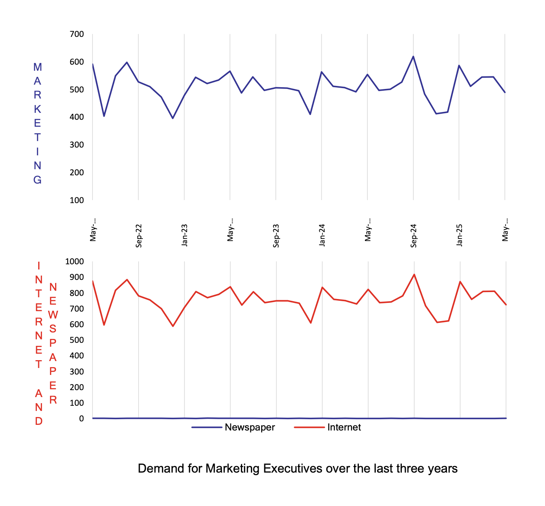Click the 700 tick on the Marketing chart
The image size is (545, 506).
pyautogui.click(x=77, y=34)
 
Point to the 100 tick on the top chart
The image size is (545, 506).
pyautogui.click(x=77, y=200)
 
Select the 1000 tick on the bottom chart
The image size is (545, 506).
pyautogui.click(x=74, y=261)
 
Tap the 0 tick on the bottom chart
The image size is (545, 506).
pyautogui.click(x=81, y=419)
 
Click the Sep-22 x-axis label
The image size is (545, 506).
pyautogui.click(x=139, y=236)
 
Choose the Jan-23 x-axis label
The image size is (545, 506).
pyautogui.click(x=185, y=236)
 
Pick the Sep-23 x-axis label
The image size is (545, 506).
pyautogui.click(x=276, y=236)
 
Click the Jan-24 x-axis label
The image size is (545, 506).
pyautogui.click(x=322, y=236)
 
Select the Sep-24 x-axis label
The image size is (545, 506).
pyautogui.click(x=414, y=236)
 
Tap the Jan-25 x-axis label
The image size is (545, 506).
pyautogui.click(x=460, y=236)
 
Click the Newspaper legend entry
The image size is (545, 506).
pyautogui.click(x=250, y=427)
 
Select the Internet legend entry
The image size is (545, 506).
pyautogui.click(x=344, y=427)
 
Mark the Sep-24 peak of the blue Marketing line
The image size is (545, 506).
pyautogui.click(x=413, y=56)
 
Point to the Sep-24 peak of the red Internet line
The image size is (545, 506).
pyautogui.click(x=414, y=274)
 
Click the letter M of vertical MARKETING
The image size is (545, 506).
pyautogui.click(x=38, y=67)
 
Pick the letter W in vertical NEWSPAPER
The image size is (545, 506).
pyautogui.click(x=53, y=315)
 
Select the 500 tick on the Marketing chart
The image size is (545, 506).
pyautogui.click(x=77, y=89)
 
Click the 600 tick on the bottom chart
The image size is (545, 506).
pyautogui.click(x=77, y=324)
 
